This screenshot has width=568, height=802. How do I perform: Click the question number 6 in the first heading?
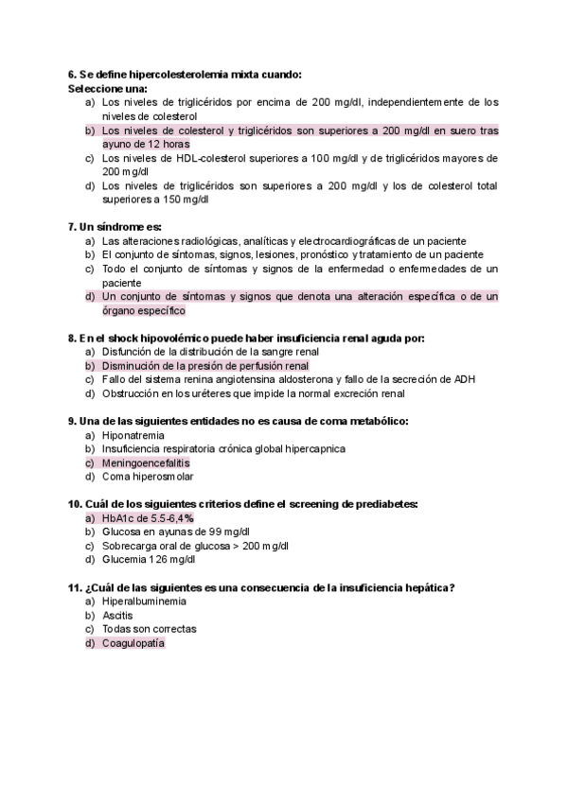(x=72, y=74)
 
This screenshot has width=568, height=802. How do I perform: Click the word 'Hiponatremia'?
(x=132, y=435)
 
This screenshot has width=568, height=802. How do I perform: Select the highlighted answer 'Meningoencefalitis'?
(x=146, y=463)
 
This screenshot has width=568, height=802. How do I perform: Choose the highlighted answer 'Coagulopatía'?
(x=133, y=643)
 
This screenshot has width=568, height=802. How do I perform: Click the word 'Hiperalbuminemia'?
(x=144, y=601)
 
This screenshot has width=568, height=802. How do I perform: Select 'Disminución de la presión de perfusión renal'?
(x=205, y=365)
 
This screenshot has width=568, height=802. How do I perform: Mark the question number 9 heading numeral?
(x=72, y=421)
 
